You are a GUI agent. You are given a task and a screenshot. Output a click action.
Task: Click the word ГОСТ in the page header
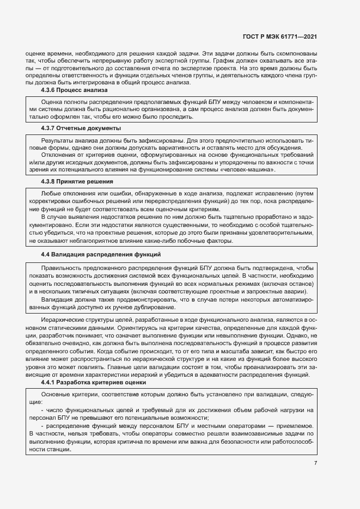[x=251, y=37]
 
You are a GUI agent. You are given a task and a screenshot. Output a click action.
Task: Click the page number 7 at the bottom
[x=315, y=463]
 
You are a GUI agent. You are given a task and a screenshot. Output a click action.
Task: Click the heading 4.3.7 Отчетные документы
[x=81, y=128]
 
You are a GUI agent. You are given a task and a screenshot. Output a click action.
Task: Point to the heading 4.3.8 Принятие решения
[x=77, y=181]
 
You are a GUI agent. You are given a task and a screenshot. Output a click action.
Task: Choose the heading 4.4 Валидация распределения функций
[x=101, y=255]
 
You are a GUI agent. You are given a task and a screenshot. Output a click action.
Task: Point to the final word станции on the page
[x=58, y=443]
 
